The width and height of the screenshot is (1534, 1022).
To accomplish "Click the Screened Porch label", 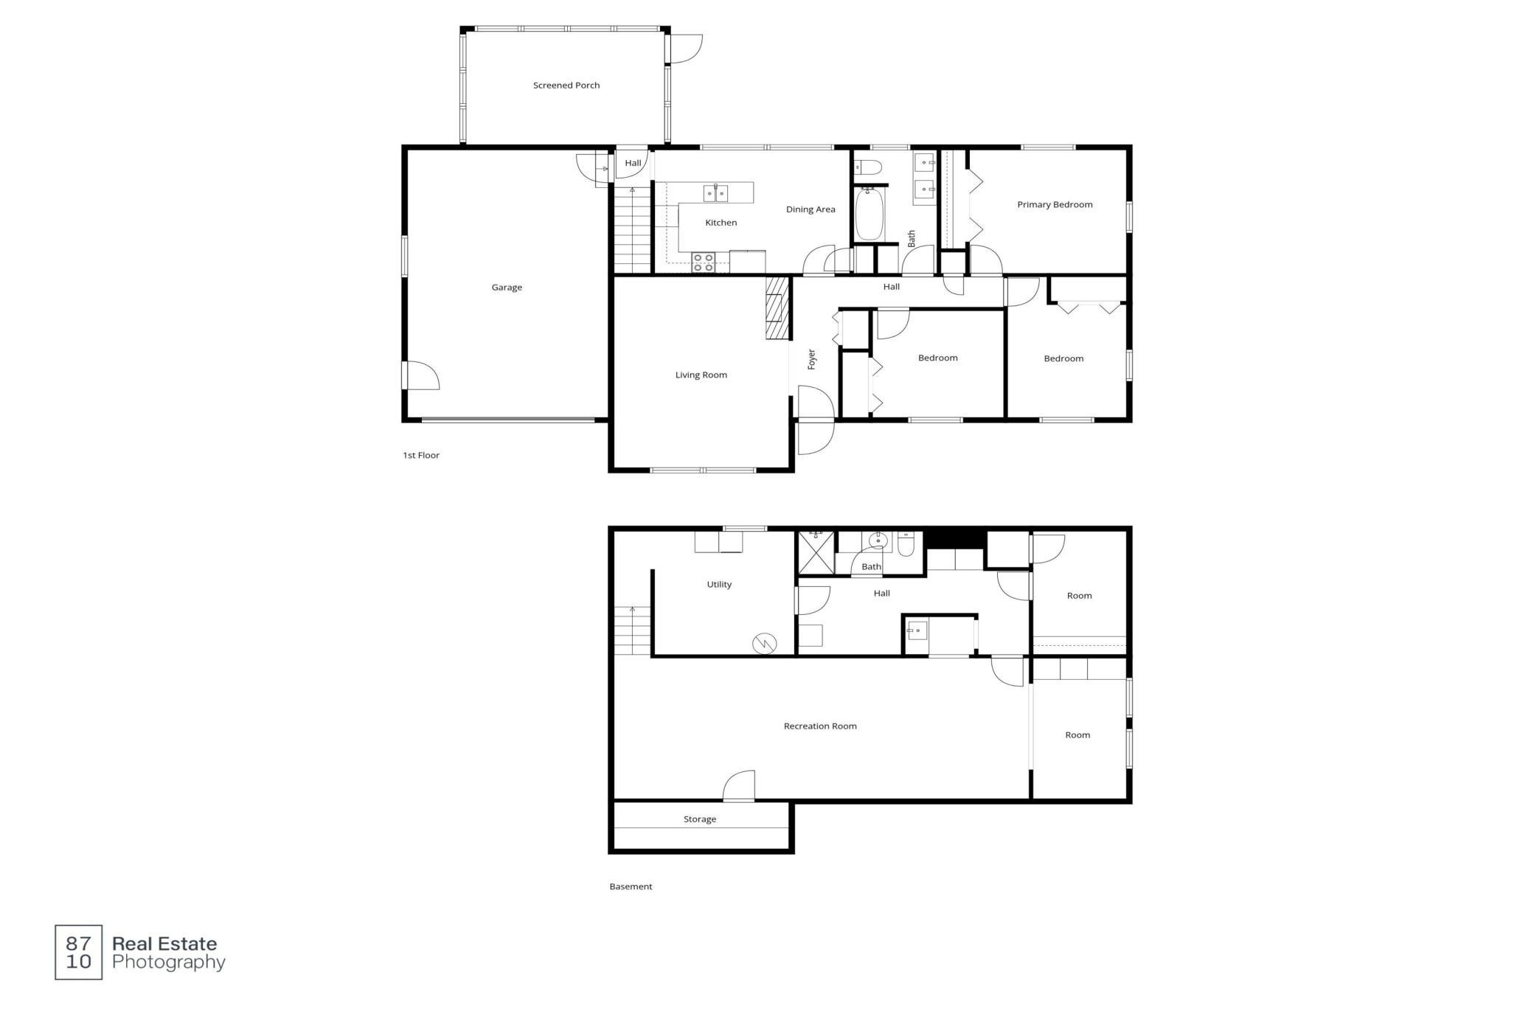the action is (566, 86).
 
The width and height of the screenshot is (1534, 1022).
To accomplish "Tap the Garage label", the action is (507, 288).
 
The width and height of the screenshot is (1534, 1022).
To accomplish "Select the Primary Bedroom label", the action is (1055, 205).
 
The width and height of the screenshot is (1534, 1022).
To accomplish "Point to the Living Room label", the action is (701, 375).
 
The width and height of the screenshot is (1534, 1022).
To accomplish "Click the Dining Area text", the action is (811, 209).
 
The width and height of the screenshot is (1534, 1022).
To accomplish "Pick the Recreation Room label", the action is (820, 726).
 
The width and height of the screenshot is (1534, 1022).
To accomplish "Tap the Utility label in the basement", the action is (719, 585).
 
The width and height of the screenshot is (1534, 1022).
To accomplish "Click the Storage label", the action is (700, 819).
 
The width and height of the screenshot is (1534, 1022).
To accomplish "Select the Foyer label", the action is (812, 359).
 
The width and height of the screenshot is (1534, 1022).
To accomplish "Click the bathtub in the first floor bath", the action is (869, 214).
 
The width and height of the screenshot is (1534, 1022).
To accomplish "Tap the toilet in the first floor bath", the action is (867, 167).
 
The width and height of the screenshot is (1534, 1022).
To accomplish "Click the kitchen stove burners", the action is (704, 263).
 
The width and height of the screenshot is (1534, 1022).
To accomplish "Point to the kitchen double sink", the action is (715, 193).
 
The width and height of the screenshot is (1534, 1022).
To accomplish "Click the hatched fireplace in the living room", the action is (777, 307).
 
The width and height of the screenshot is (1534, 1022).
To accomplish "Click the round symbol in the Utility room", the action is (765, 644).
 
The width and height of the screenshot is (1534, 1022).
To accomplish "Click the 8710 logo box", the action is (79, 953).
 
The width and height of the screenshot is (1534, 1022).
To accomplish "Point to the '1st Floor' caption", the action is (421, 456).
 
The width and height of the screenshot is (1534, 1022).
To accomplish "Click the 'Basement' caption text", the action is (631, 887).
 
